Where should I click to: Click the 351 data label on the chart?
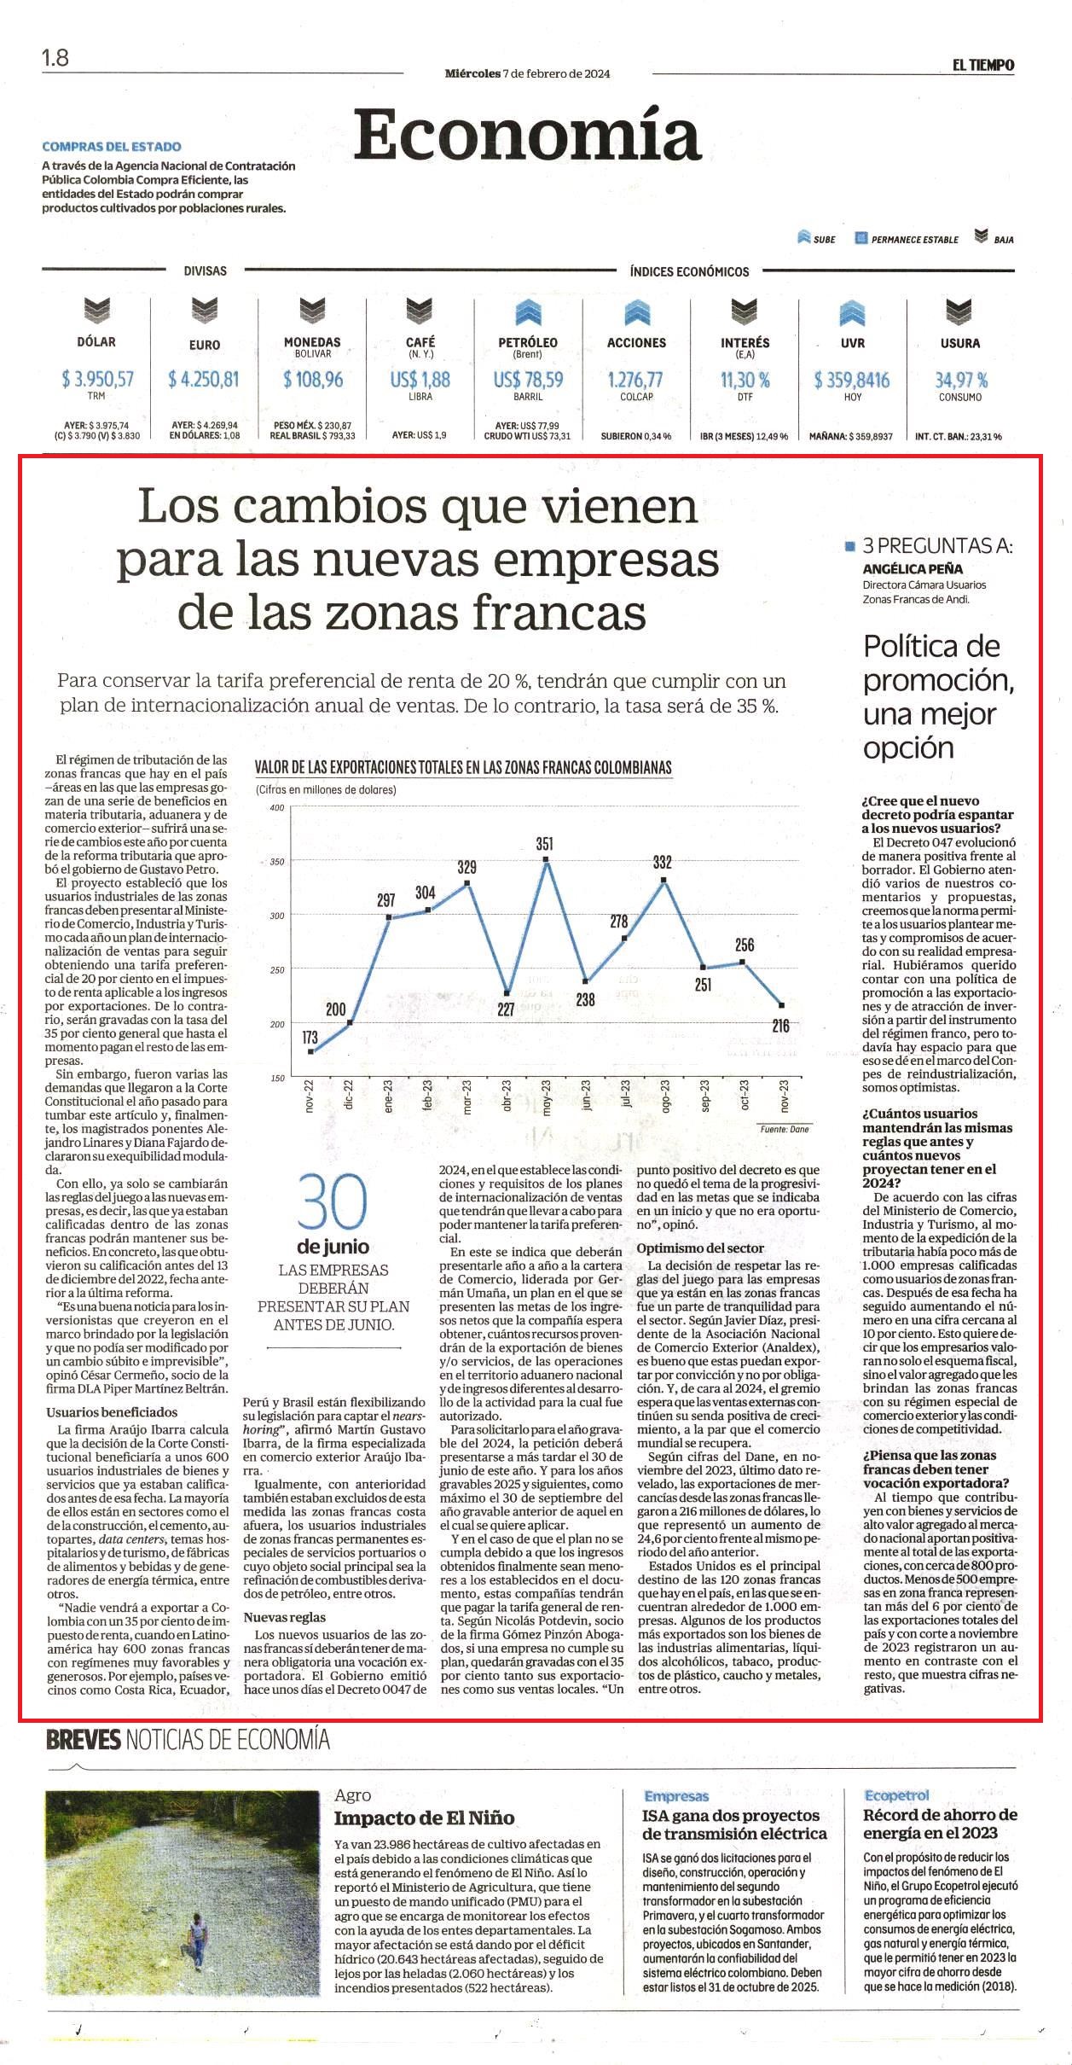tap(544, 843)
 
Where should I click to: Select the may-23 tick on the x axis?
tap(547, 1097)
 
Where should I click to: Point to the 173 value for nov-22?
tap(310, 1037)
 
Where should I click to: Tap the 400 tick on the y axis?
tap(276, 807)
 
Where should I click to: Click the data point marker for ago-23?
tap(663, 879)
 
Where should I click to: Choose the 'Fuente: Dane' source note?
tap(785, 1129)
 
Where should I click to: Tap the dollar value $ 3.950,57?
tap(97, 379)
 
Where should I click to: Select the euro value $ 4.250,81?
tap(204, 379)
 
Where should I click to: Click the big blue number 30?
tap(333, 1202)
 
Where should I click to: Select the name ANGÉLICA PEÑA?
tap(913, 568)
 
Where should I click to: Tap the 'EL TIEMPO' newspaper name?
tap(983, 65)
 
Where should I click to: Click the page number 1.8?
tap(55, 58)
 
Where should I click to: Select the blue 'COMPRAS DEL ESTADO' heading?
tap(112, 147)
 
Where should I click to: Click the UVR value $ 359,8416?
tap(852, 380)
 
